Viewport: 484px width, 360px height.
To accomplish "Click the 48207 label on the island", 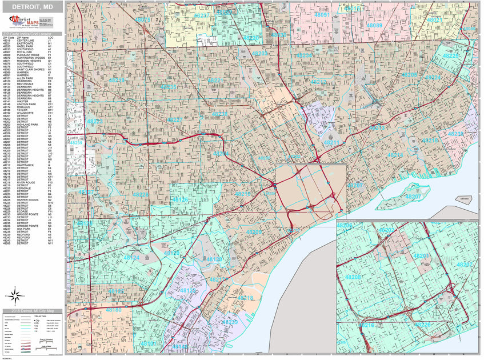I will (x=413, y=197).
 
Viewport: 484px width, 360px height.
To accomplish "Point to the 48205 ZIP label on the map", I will (x=409, y=75).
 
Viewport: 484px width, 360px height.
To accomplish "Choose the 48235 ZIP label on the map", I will (x=169, y=87).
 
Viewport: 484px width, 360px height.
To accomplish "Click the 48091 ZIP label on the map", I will (x=323, y=14).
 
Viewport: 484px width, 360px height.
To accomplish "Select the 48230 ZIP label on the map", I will (x=456, y=133).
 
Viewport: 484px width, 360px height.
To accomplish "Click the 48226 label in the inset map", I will (x=423, y=325).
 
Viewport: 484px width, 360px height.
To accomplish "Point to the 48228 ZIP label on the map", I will (x=141, y=195).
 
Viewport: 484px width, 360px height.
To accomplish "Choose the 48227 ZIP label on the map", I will (x=175, y=119).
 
